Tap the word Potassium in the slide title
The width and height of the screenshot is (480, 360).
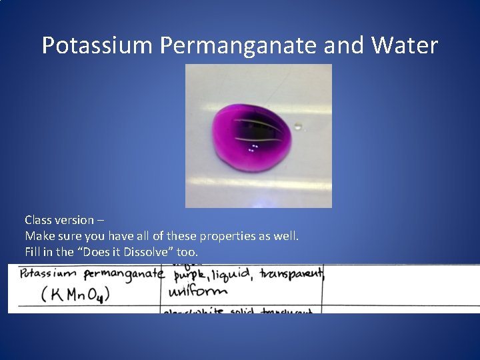(98, 45)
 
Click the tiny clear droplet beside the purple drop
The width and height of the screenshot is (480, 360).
(298, 125)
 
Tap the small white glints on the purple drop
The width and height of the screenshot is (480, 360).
(253, 148)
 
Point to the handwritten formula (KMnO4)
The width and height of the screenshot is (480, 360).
(75, 294)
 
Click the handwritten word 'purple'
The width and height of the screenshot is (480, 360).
(189, 275)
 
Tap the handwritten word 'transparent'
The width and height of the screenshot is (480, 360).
(292, 274)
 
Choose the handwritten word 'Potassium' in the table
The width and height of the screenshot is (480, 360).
(49, 274)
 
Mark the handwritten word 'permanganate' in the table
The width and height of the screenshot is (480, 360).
(123, 275)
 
